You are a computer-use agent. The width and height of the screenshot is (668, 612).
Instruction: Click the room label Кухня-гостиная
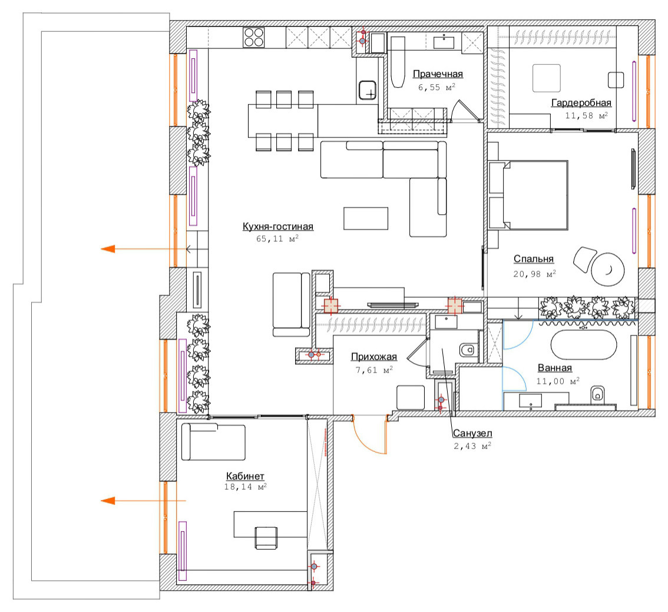[278, 226]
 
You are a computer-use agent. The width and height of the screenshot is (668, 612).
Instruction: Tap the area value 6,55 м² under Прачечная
[436, 87]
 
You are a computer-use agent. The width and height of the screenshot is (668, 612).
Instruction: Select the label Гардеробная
[581, 102]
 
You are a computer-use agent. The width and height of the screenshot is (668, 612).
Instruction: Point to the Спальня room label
[533, 259]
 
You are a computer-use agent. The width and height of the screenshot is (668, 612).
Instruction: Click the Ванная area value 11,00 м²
[558, 381]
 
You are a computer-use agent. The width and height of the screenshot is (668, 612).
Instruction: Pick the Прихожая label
[373, 357]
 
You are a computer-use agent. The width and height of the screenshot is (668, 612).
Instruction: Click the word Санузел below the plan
[472, 433]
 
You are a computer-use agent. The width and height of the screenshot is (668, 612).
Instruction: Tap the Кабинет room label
[245, 476]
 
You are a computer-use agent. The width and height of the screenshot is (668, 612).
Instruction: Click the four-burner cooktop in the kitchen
[253, 37]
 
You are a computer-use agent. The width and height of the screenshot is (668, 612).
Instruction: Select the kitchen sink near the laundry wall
[367, 90]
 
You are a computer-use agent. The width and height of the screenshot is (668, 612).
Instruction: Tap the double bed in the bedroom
[528, 195]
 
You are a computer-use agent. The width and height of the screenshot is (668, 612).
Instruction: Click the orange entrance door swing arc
[367, 443]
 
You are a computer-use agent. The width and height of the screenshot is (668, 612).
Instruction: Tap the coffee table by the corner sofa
[366, 218]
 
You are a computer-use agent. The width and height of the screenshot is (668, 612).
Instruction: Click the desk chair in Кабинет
[266, 538]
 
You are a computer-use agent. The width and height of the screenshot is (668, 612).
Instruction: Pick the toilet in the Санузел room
[467, 350]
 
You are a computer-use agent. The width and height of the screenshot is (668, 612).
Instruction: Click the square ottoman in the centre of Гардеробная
[546, 78]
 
